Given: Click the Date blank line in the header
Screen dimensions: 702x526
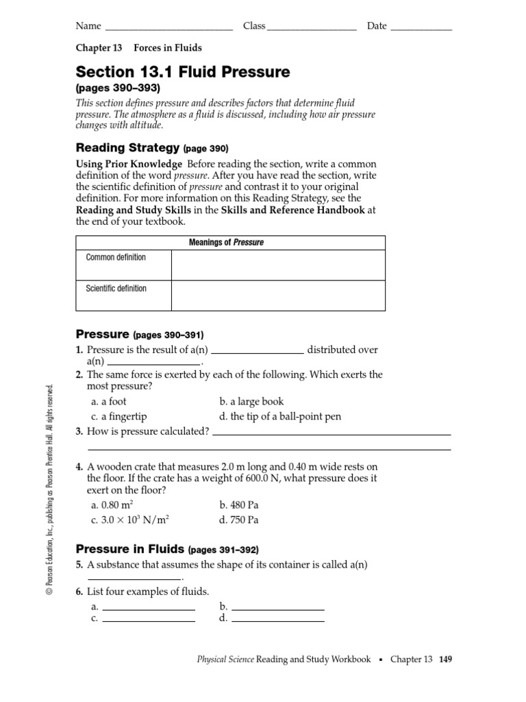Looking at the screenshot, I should [421, 29].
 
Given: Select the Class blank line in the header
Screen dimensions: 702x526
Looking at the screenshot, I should [312, 29].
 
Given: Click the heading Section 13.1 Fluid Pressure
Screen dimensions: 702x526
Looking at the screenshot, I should [183, 72].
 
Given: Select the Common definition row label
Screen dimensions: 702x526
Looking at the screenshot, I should [116, 257].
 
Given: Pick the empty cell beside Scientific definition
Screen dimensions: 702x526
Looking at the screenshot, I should [277, 295].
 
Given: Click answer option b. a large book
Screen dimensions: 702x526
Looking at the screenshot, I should [251, 401].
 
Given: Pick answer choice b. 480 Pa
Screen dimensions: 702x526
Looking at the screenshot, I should [239, 505].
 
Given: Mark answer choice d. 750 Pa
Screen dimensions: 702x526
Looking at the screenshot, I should [239, 520].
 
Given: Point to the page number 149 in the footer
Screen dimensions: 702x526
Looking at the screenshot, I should [446, 659].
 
